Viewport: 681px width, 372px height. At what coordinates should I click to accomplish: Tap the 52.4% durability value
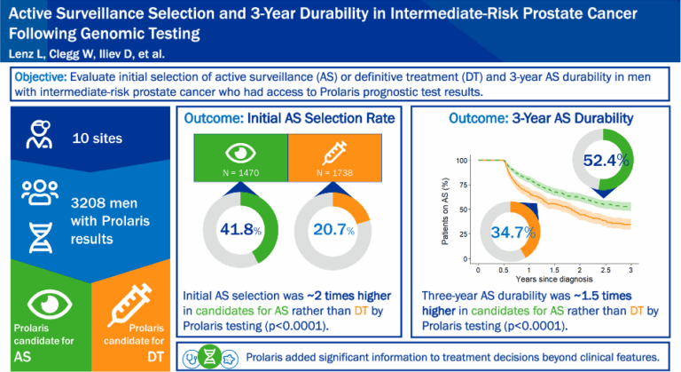606,161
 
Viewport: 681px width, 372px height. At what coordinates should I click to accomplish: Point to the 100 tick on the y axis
461,161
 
